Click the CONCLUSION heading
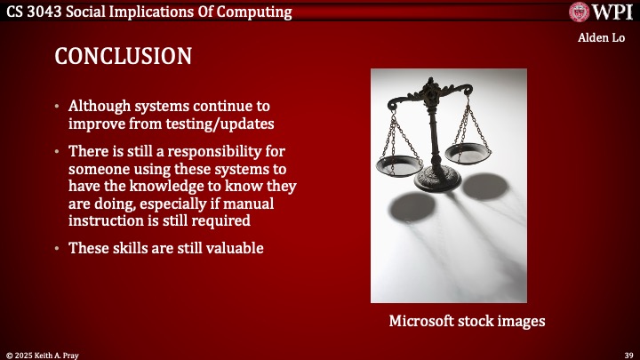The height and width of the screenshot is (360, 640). coord(123,56)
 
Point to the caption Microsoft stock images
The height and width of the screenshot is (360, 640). coord(467,321)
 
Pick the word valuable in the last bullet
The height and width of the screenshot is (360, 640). coord(234,248)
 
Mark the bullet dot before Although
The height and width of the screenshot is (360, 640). coord(59,106)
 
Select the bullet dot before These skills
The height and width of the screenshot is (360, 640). coord(59,249)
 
